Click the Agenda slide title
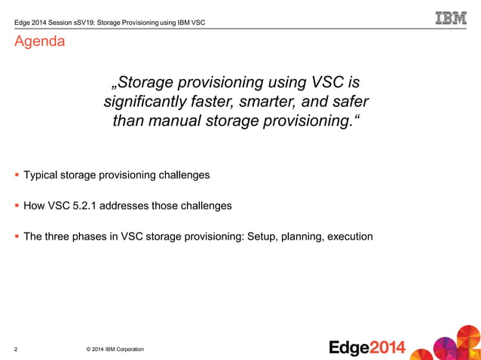click(38, 41)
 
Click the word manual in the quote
click(179, 121)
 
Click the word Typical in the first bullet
click(43, 175)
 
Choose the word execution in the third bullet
click(347, 236)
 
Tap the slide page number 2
click(16, 349)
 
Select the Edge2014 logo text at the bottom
click(367, 347)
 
